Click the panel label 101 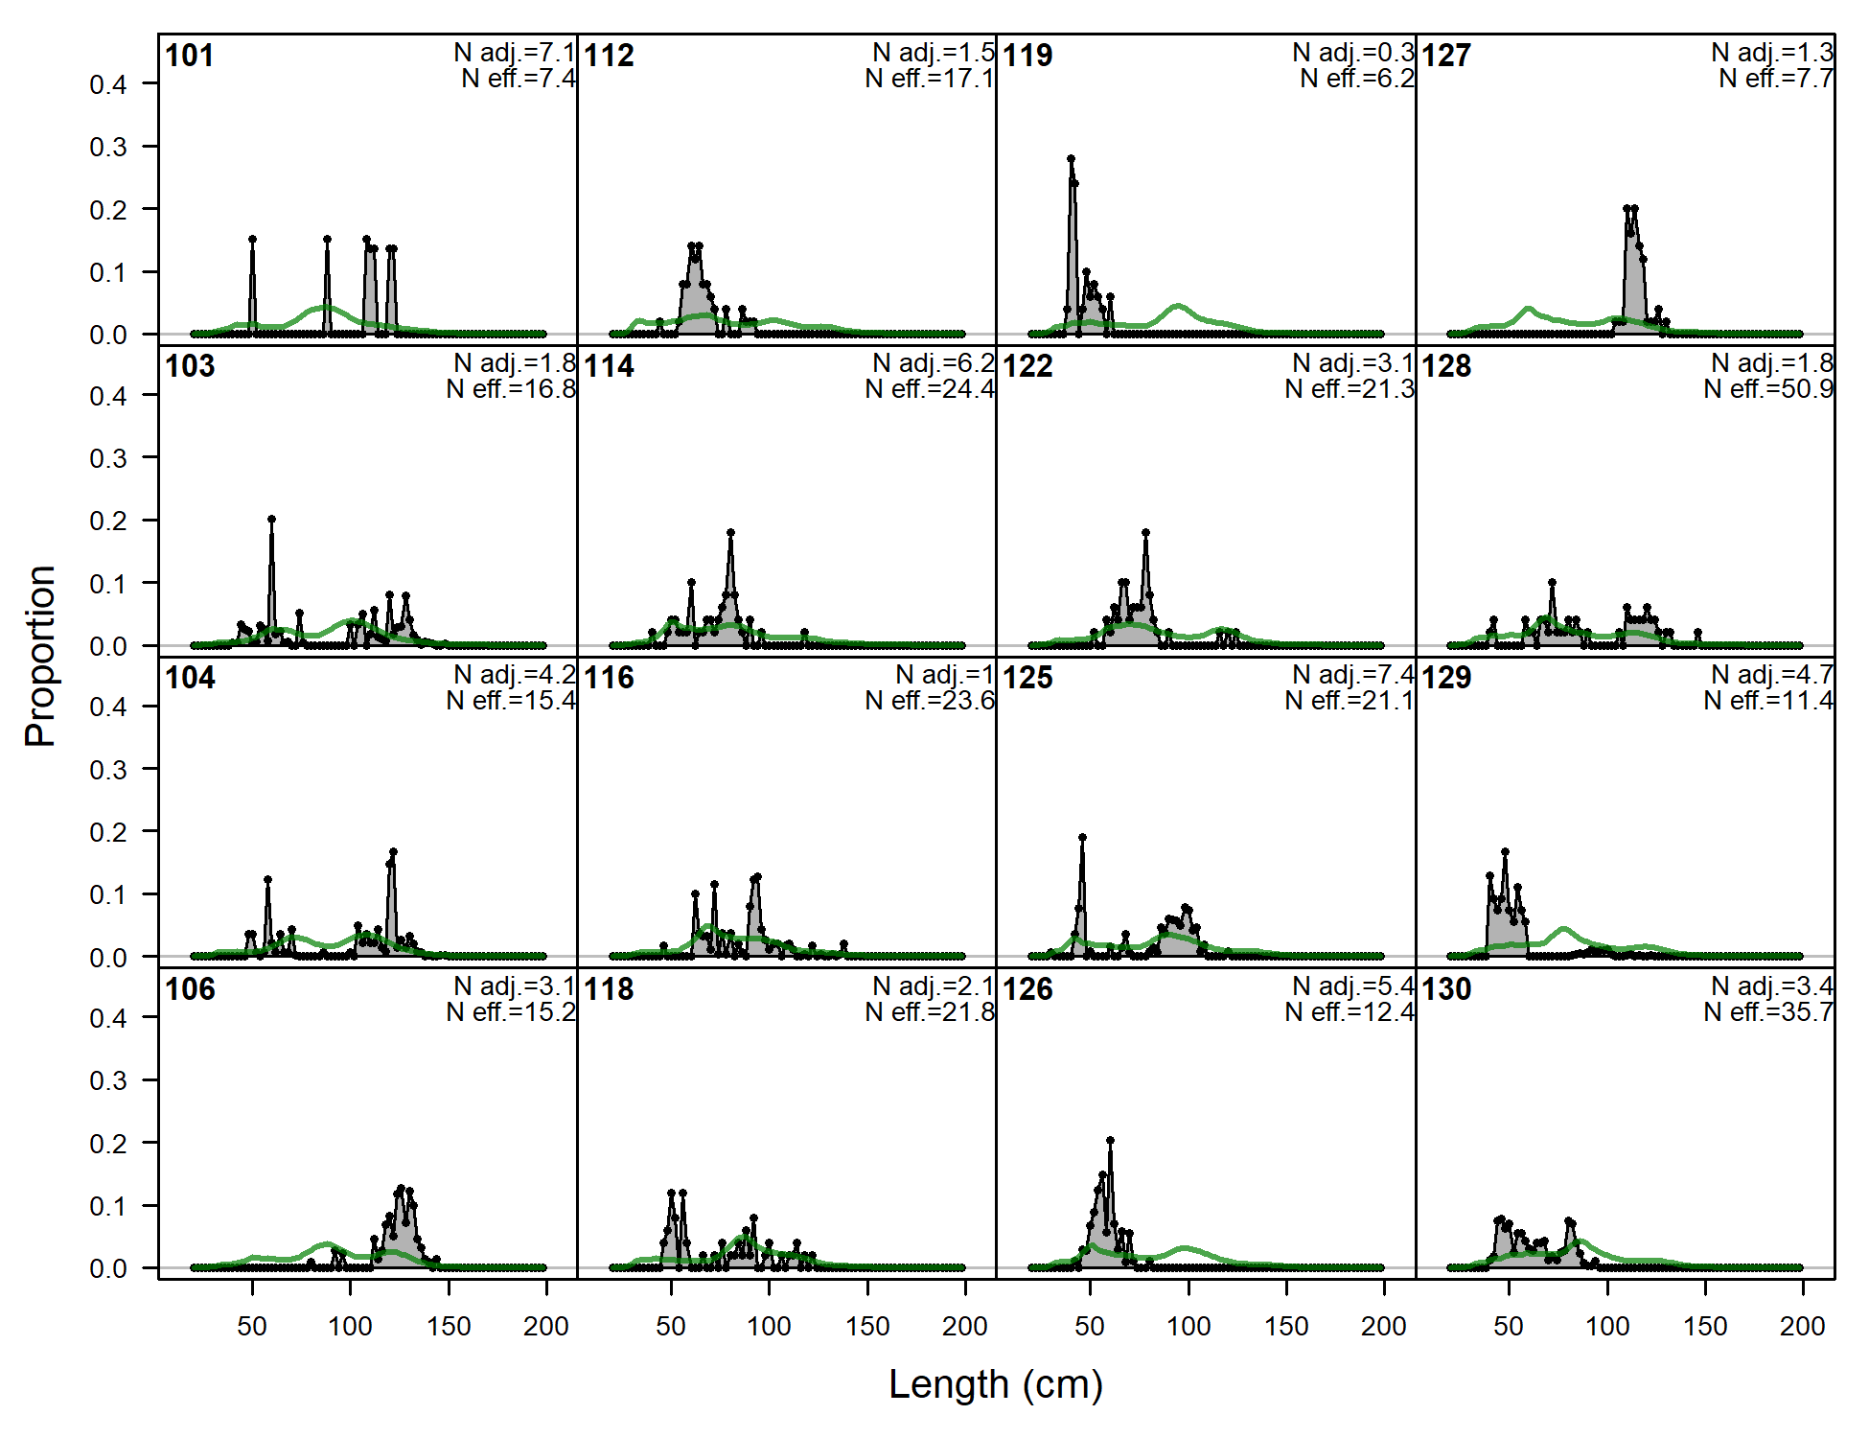[190, 56]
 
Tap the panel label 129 [1446, 678]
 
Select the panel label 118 [609, 989]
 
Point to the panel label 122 [1027, 366]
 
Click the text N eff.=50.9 [1768, 389]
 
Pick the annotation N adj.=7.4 [1353, 675]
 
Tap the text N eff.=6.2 [1357, 79]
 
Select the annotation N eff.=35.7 [1768, 1012]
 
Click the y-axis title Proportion [40, 656]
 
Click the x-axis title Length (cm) [996, 1384]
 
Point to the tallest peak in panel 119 [1071, 159]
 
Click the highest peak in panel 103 [272, 520]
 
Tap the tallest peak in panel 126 [1110, 1141]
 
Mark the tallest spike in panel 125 [1082, 837]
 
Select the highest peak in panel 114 [730, 532]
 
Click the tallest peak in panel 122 [1145, 532]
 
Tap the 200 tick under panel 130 [1802, 1327]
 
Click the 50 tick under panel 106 [252, 1327]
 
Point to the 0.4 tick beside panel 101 [108, 85]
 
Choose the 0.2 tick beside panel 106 [108, 1144]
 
